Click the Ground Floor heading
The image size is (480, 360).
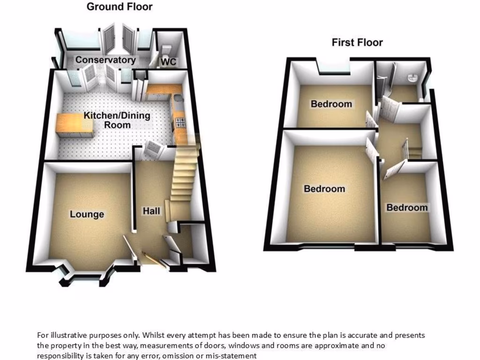pos(120,7)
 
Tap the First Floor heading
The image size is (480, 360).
pos(357,42)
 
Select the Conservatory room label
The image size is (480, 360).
pos(105,60)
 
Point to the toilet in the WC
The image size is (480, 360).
pos(165,49)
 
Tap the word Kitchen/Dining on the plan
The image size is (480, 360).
pos(117,115)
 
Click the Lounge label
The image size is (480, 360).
pos(87,214)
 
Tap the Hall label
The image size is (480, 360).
pos(151,211)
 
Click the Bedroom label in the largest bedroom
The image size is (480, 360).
pos(324,189)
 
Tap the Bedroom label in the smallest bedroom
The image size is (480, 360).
pos(407,207)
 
